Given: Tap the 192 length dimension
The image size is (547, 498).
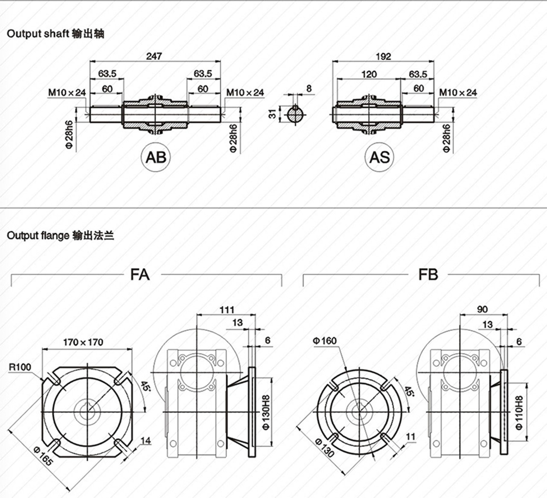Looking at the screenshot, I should tap(383, 56).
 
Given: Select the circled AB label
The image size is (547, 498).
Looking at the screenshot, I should tap(156, 157).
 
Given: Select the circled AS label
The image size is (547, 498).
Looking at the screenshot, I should tap(379, 157).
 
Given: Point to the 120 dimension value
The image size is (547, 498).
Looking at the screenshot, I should tap(368, 74).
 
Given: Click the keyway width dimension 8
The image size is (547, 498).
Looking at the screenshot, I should tap(309, 88).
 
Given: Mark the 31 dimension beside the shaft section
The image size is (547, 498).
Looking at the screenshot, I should tap(272, 114).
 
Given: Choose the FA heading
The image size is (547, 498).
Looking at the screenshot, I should tap(140, 275).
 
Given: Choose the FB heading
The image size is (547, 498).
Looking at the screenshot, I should tap(428, 275).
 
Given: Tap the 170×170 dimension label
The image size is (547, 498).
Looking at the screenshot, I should tap(83, 342).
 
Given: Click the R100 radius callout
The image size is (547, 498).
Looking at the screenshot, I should tap(20, 367).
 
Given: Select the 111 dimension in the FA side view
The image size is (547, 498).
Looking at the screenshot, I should tap(227, 310).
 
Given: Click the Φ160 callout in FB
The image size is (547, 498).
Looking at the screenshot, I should tap(324, 341).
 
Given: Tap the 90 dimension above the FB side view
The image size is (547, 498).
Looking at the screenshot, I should tap(482, 309).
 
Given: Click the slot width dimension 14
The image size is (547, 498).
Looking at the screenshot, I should tap(145, 441).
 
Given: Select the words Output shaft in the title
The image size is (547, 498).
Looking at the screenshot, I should tap(38, 33).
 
